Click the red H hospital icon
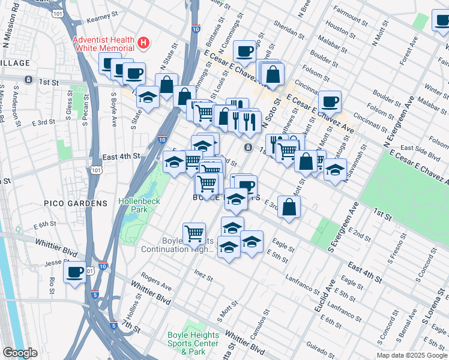coord(143,43)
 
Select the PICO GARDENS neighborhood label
coord(76,203)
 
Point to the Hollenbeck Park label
coord(139,205)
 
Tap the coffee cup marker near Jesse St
coord(75,272)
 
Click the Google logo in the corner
coord(20,353)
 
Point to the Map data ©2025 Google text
coord(412,355)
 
